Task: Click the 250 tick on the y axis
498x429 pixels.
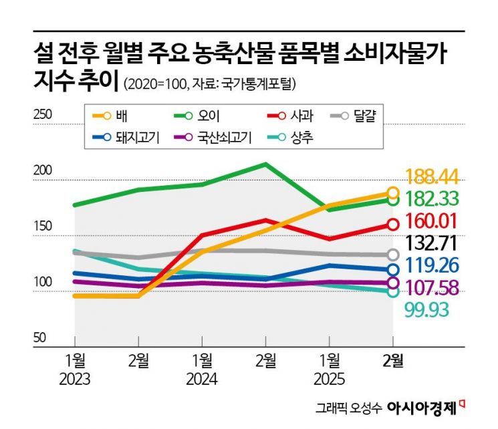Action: point(43,115)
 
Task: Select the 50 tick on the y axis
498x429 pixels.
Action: point(40,338)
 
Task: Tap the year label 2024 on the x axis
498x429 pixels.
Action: point(201,380)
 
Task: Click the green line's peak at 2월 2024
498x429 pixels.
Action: point(265,164)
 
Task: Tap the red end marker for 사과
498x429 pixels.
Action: point(392,225)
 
